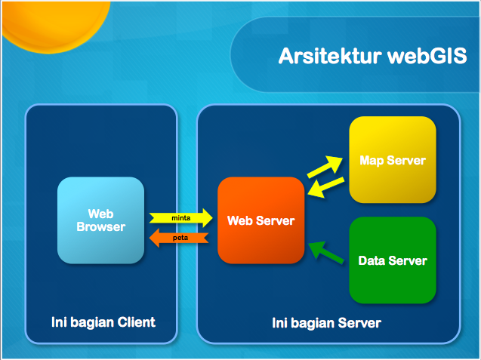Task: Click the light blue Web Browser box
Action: (100, 220)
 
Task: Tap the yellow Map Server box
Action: (392, 160)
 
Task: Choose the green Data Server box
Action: (392, 260)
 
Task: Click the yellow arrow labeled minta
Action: (180, 218)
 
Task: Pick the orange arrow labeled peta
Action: (178, 238)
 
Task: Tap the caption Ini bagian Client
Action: (103, 322)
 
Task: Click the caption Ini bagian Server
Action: (326, 323)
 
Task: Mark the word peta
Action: (180, 238)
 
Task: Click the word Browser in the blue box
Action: (100, 226)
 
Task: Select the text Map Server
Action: (392, 160)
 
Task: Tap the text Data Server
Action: (392, 261)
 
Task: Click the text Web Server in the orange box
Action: (261, 221)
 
